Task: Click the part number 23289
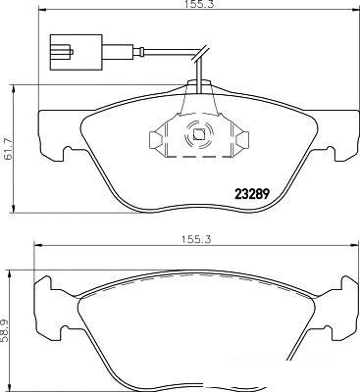pos(252,194)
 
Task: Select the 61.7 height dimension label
pos(8,149)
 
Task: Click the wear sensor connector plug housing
pos(76,52)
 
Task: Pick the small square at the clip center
pos(198,134)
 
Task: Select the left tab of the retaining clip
pos(156,140)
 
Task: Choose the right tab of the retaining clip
pos(241,140)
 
